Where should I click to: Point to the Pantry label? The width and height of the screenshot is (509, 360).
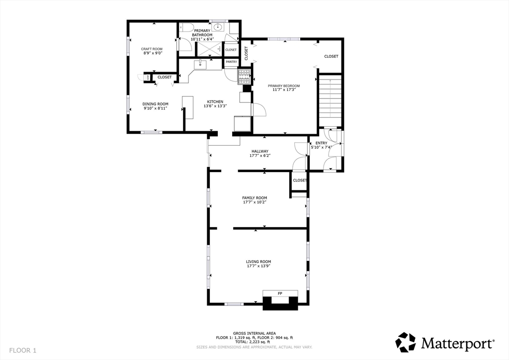click(x=232, y=62)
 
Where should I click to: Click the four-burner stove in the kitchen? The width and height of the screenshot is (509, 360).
click(x=244, y=77)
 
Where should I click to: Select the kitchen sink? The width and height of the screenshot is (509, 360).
click(x=201, y=64)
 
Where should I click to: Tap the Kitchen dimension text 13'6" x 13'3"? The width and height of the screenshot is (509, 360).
click(x=215, y=106)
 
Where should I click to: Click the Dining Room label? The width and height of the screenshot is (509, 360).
click(x=156, y=104)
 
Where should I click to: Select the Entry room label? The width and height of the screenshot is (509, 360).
click(x=321, y=143)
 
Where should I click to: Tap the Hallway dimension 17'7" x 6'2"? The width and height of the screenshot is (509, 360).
click(x=259, y=156)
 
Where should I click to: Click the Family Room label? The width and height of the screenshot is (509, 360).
click(x=254, y=197)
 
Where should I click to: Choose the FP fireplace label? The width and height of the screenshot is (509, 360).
click(x=280, y=294)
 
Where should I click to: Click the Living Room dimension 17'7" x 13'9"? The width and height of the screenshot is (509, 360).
click(x=258, y=266)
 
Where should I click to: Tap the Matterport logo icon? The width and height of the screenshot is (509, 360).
click(x=405, y=342)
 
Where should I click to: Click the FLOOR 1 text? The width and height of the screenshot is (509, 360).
click(x=23, y=351)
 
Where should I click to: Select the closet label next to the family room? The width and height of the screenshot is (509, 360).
click(x=300, y=180)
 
